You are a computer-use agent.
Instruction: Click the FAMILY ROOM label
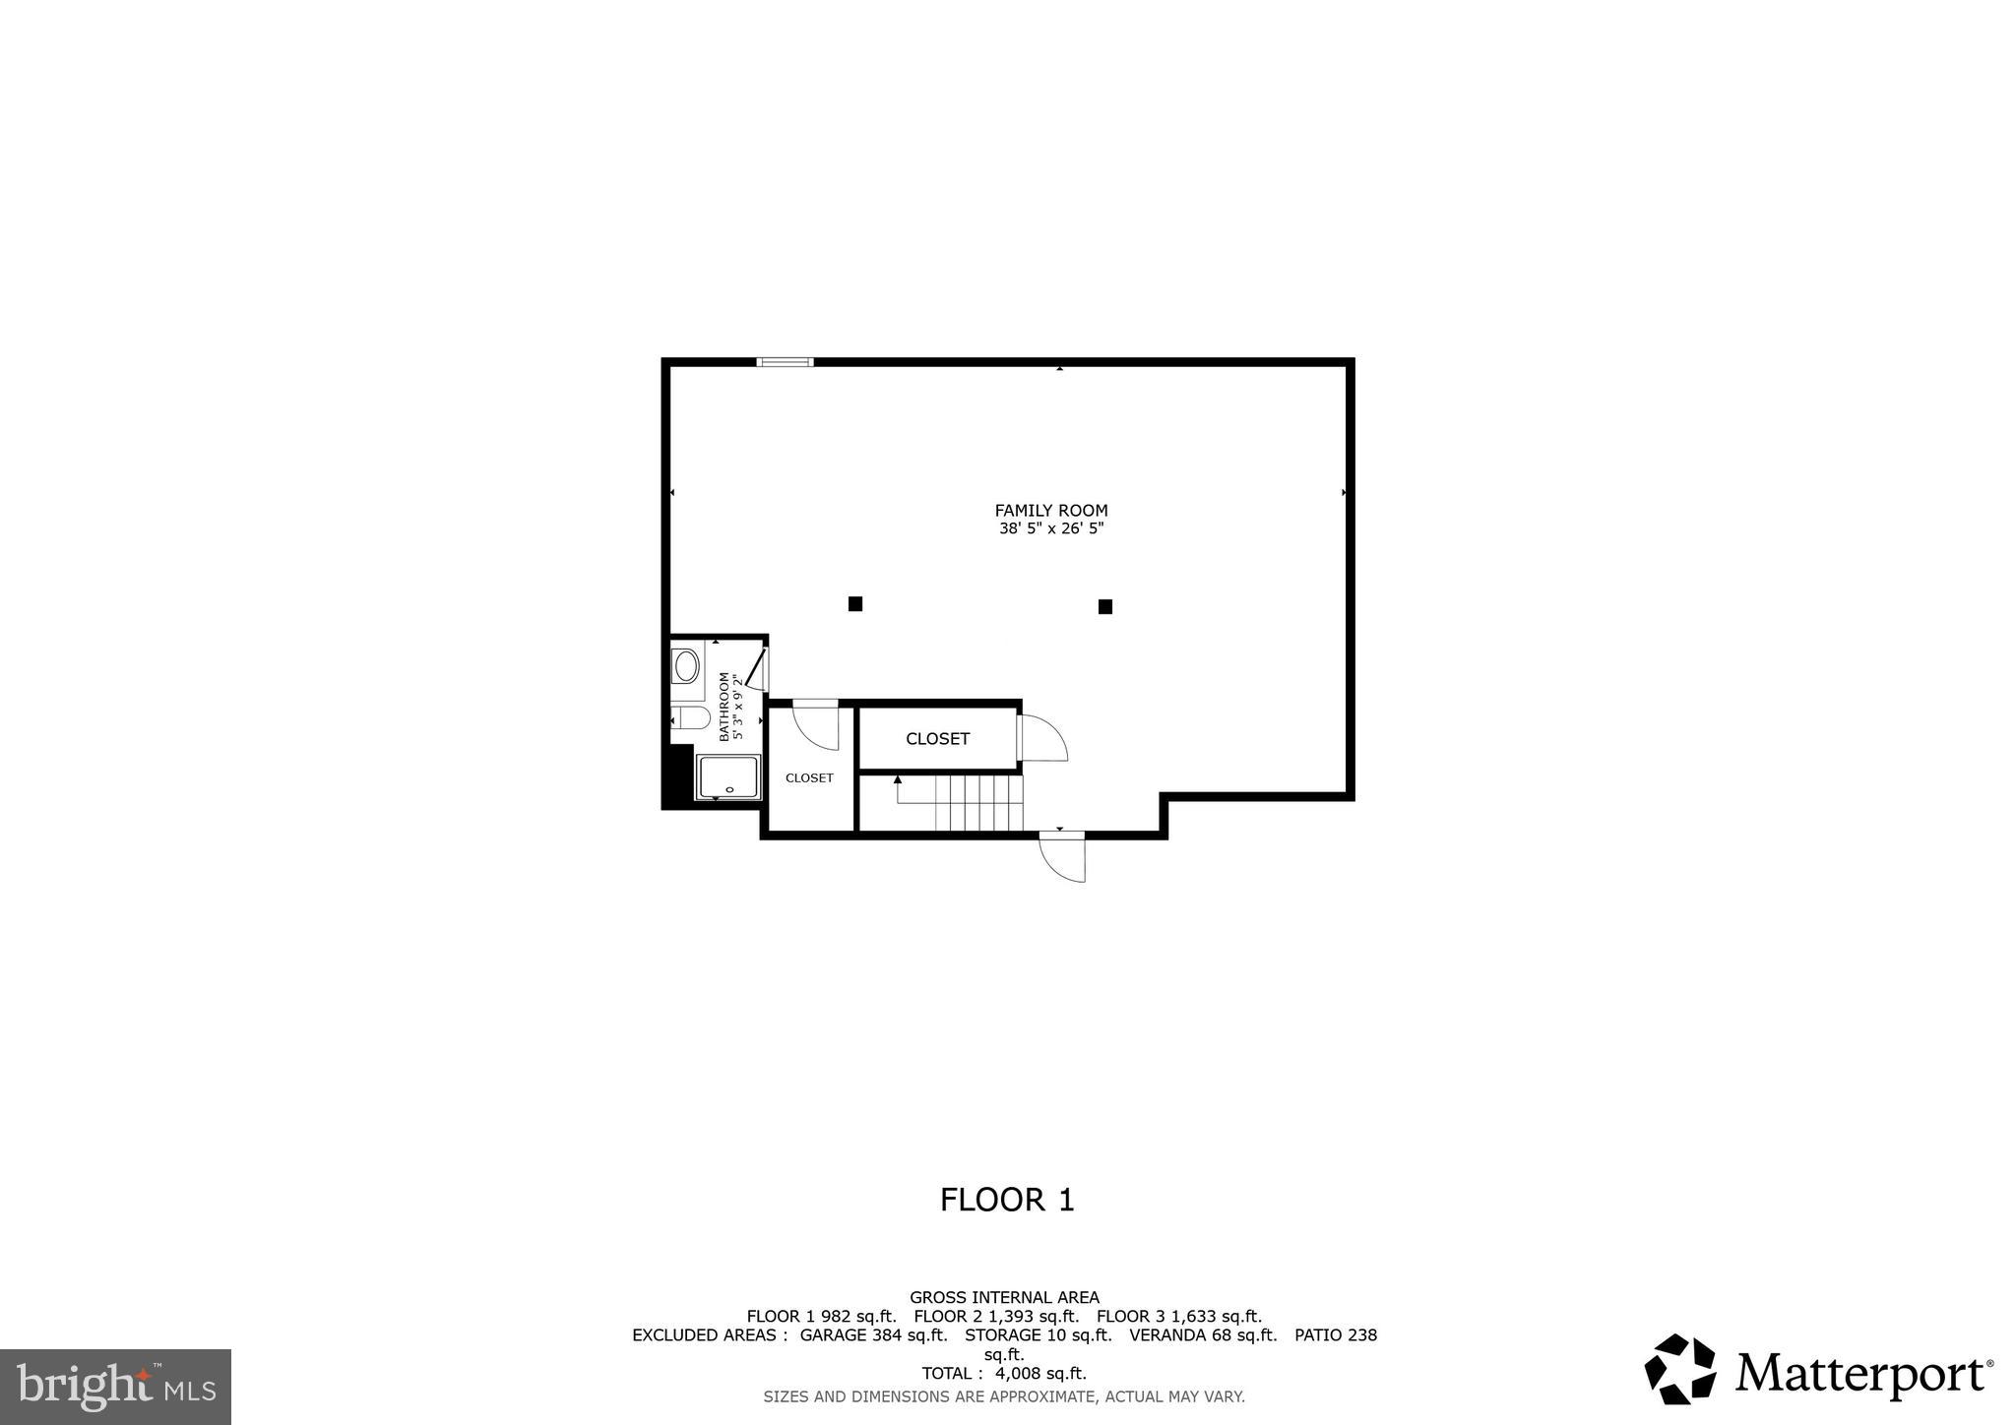(1050, 510)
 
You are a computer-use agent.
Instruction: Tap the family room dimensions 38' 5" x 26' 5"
(1050, 528)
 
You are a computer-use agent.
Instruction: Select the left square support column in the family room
(855, 603)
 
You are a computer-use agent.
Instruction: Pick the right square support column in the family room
(1104, 606)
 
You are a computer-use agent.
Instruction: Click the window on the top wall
(785, 362)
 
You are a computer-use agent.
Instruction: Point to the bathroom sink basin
(686, 666)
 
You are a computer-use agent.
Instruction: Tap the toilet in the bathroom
(691, 717)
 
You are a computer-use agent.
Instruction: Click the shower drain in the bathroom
(729, 789)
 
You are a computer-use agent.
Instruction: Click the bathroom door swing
(756, 668)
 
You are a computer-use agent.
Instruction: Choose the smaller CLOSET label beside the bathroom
(809, 777)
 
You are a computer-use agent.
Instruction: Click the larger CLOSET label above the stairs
(937, 739)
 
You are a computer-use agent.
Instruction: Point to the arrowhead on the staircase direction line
(897, 779)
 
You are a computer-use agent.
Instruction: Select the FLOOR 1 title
(1007, 1200)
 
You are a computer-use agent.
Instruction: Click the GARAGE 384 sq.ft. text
(873, 1335)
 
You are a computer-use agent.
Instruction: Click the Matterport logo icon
(1680, 1369)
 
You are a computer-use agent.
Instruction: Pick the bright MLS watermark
(115, 1387)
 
